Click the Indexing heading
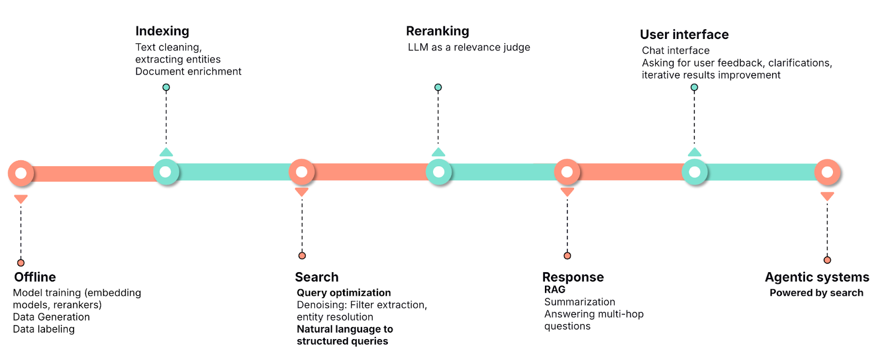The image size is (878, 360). (162, 31)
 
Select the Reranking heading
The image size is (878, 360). (437, 31)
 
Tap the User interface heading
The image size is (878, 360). (684, 35)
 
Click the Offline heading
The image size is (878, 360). (35, 277)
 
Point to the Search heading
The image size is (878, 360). (317, 277)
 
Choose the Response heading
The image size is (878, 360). (572, 277)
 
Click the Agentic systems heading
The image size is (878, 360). (817, 277)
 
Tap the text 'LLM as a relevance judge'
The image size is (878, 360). (469, 47)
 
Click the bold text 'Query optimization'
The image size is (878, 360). (344, 292)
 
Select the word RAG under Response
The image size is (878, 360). (554, 289)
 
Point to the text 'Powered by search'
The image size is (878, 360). (816, 292)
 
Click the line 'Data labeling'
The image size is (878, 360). (44, 329)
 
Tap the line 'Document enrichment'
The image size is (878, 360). (188, 71)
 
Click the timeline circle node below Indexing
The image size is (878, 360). (166, 172)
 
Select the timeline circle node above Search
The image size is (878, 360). (301, 172)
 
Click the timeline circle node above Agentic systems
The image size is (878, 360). (827, 172)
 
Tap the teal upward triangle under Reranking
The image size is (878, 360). (438, 153)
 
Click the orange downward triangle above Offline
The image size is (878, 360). (21, 199)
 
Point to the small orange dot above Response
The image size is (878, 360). (567, 256)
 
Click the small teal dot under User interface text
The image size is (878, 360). (694, 87)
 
